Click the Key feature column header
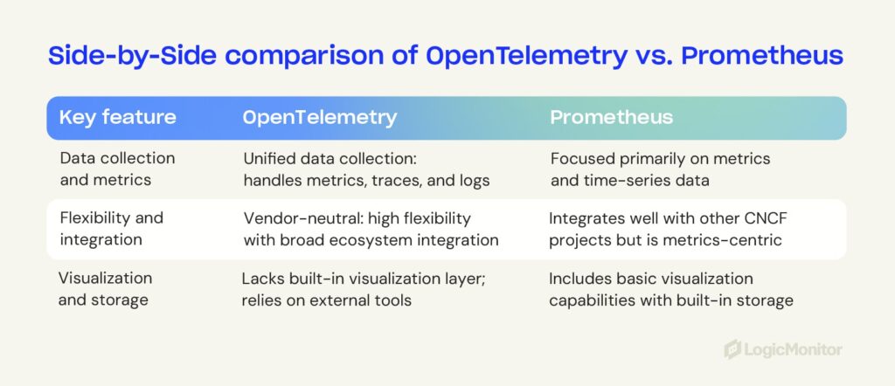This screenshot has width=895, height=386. pos(117,118)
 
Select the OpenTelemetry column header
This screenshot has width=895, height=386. pos(319,118)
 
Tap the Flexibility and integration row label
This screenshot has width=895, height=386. pos(111,229)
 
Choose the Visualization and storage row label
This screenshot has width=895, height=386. pos(105,289)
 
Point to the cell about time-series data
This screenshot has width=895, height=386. pos(660,169)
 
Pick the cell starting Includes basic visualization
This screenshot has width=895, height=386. pos(670,289)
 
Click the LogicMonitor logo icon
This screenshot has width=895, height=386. pos(732,349)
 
